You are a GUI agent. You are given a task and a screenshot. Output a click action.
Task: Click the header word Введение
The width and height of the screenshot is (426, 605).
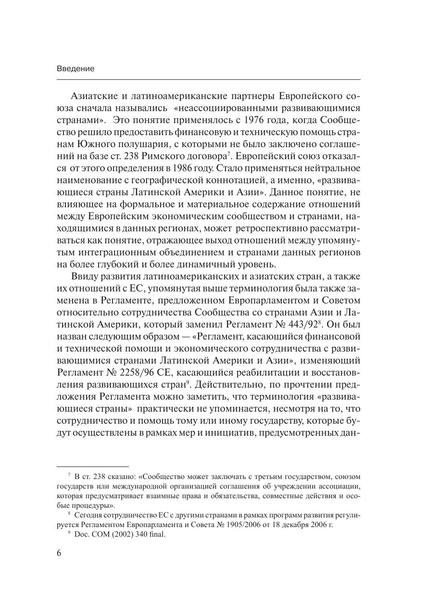(75, 69)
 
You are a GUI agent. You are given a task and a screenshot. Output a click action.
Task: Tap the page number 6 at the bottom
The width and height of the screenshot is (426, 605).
(59, 553)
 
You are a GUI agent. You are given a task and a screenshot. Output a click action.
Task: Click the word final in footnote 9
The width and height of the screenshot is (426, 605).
(156, 534)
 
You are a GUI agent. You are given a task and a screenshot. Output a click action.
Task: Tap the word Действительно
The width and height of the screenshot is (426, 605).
(229, 385)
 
